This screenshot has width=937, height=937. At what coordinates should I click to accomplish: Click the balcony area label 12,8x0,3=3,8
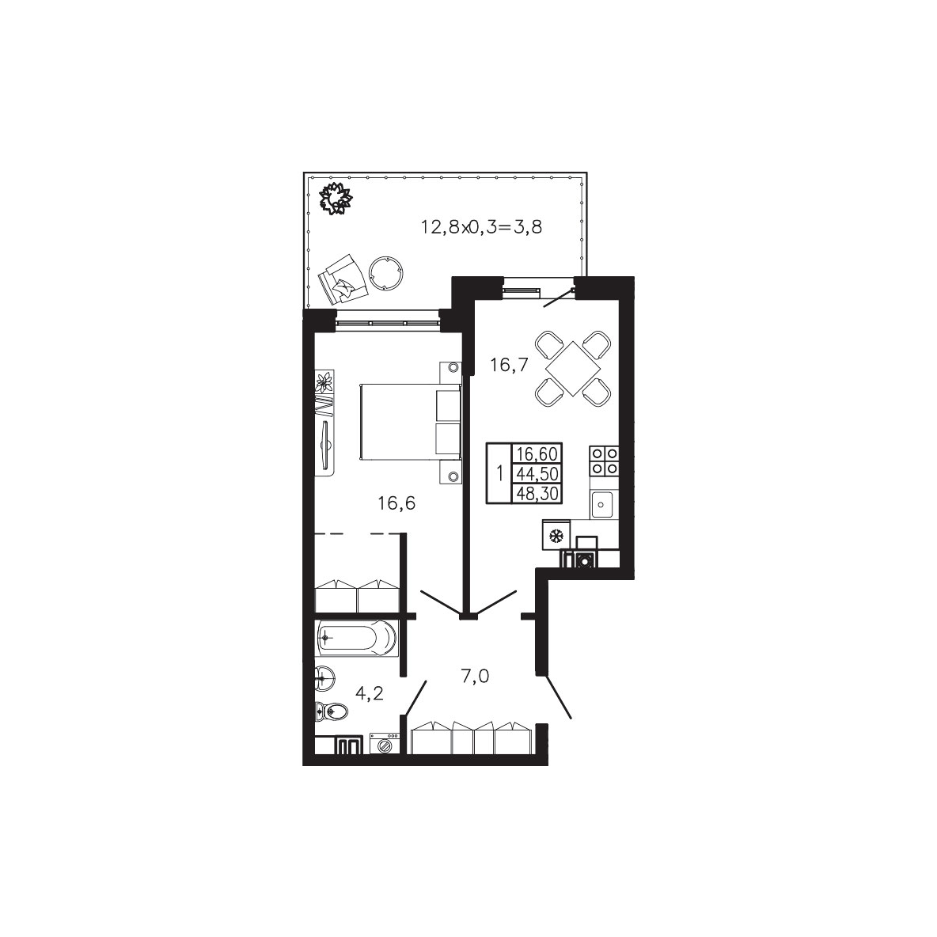(482, 227)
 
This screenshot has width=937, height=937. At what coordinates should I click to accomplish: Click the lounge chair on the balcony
(343, 279)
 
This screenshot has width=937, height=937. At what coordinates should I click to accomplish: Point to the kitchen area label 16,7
(509, 365)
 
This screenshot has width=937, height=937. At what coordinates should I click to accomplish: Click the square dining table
(573, 368)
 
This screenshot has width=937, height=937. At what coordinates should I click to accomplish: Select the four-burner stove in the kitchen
(604, 460)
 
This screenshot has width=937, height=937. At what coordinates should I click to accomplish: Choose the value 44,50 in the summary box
(537, 474)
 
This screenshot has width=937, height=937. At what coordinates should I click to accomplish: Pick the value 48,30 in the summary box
(537, 493)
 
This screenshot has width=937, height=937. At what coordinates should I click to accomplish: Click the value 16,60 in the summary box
(537, 454)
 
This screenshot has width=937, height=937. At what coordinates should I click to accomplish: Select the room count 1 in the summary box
(499, 474)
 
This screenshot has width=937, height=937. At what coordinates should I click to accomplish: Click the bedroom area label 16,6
(396, 504)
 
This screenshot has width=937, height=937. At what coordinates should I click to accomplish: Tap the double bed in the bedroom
(411, 421)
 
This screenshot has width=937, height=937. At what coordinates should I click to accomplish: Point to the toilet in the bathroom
(330, 711)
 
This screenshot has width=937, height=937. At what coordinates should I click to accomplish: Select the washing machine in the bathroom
(385, 744)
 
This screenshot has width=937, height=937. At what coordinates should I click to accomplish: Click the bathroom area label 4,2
(370, 693)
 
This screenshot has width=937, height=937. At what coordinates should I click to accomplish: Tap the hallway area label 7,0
(475, 677)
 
